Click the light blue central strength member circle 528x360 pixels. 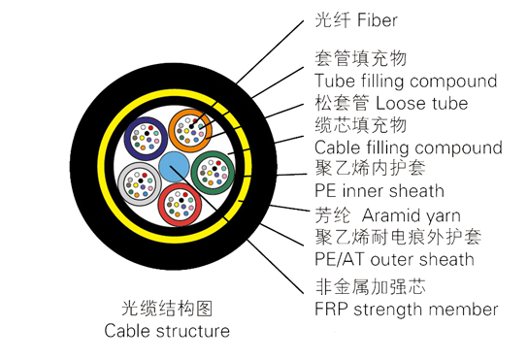point(175,165)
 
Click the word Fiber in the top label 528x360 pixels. point(377,19)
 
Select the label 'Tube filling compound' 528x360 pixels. point(406,81)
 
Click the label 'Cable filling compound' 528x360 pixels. point(409,147)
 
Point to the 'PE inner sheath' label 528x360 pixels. point(379,190)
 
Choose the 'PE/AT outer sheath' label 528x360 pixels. point(395,259)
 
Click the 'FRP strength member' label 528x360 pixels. point(407,310)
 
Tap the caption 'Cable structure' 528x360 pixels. point(167,331)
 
